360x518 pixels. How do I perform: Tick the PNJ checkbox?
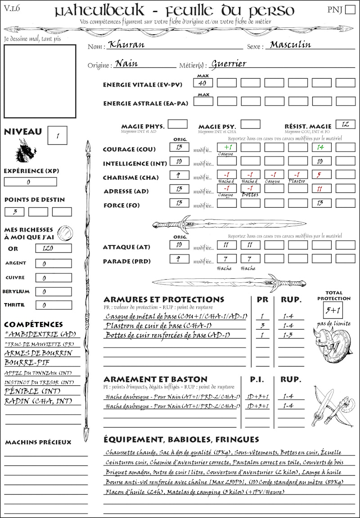point(349,10)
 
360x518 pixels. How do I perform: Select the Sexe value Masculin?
point(291,45)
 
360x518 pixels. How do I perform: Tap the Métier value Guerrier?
point(229,63)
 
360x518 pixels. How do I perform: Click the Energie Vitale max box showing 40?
point(203,83)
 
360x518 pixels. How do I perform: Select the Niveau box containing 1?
point(58,134)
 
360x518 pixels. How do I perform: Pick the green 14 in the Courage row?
point(321,147)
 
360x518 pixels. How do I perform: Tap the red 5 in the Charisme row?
point(321,175)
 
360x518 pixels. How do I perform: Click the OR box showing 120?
point(53,249)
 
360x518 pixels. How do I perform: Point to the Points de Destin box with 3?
point(14,212)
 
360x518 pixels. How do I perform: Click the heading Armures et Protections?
point(164,299)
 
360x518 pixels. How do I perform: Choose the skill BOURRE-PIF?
point(27,362)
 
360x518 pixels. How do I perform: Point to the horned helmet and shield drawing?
point(331,344)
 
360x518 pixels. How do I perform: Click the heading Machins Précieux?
point(38,442)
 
